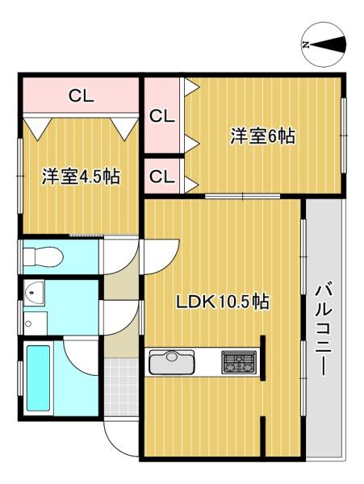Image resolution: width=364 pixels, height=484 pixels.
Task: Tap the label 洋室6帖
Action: click(x=261, y=137)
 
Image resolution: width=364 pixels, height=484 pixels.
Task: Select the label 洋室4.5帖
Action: click(x=81, y=177)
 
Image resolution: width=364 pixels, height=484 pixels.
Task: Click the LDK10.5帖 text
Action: click(x=223, y=302)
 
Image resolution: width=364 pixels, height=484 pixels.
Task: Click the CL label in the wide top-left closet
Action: click(x=81, y=97)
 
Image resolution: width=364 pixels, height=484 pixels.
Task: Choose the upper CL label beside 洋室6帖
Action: click(x=161, y=115)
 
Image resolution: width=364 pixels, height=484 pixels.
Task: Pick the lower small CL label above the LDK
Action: click(x=161, y=176)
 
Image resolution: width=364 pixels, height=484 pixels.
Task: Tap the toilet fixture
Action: click(x=42, y=257)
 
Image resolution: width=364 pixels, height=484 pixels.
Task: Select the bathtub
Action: click(x=40, y=377)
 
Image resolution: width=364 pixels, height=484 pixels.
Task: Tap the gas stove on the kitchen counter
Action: click(x=239, y=362)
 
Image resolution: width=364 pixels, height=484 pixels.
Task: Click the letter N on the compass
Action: click(x=305, y=44)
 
